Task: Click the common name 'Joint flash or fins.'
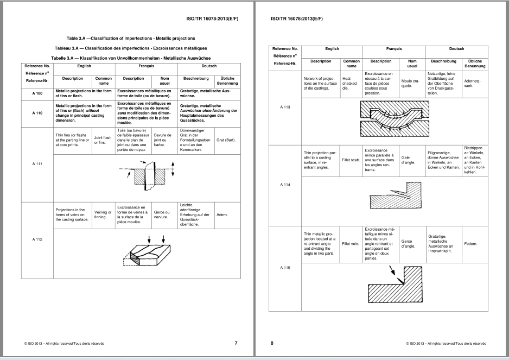point(103,140)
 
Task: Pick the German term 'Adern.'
point(222,214)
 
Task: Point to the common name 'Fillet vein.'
point(350,244)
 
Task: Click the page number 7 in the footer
point(236,343)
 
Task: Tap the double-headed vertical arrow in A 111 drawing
point(173,169)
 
